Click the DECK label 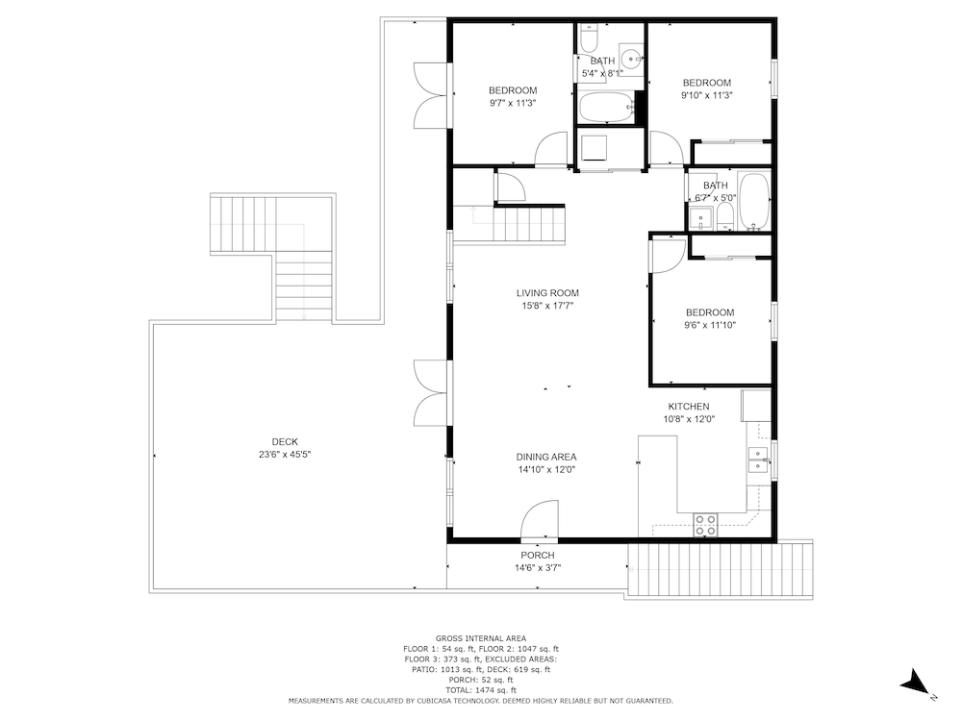click(x=285, y=441)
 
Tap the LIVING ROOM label click(x=547, y=293)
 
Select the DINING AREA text click(x=546, y=457)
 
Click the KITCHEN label click(x=689, y=407)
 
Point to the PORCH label click(x=538, y=556)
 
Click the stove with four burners click(x=705, y=526)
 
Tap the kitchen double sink click(x=758, y=460)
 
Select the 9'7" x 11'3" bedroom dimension click(x=513, y=104)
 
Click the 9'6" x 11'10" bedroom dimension click(x=710, y=326)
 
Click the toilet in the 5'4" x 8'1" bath click(x=589, y=38)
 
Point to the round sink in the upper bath click(x=630, y=59)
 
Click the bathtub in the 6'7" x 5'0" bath click(x=754, y=202)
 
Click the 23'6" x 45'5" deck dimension click(x=285, y=455)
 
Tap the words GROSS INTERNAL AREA click(x=480, y=638)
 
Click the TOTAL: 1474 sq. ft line click(x=480, y=690)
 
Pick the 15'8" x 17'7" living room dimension click(x=547, y=306)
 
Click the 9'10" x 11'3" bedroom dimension click(x=707, y=95)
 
